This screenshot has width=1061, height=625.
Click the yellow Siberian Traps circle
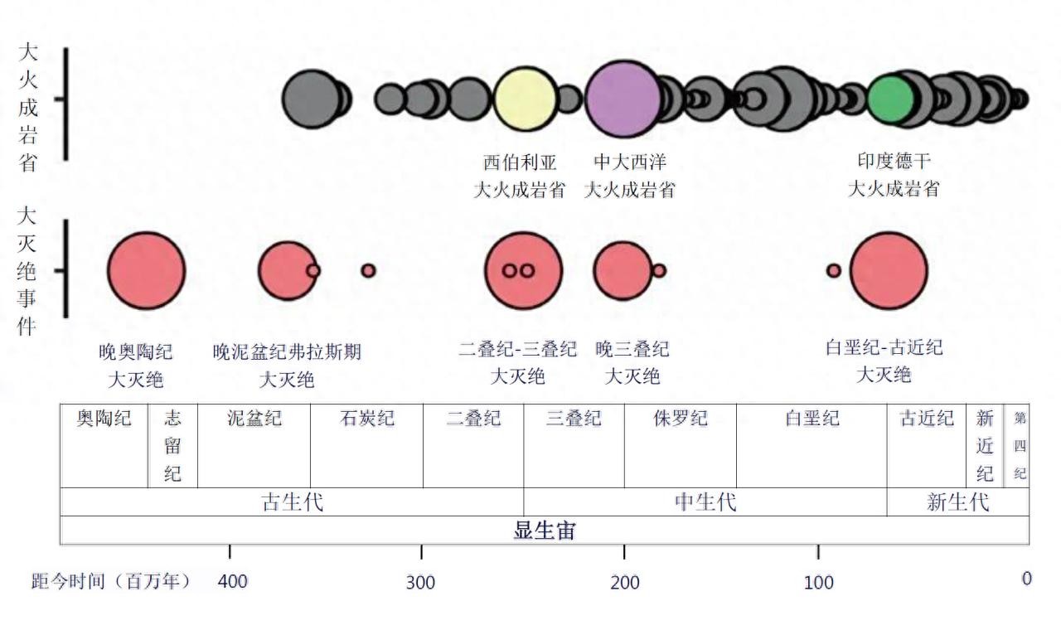click(525, 99)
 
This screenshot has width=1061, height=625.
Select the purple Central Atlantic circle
click(622, 99)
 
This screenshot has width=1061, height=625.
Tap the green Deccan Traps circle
click(891, 99)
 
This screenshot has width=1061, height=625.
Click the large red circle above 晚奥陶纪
click(146, 270)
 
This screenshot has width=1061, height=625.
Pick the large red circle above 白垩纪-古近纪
click(889, 270)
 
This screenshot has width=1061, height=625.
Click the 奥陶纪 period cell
click(104, 445)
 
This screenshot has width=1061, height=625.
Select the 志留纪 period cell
click(172, 445)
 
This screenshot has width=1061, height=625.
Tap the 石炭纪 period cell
click(366, 445)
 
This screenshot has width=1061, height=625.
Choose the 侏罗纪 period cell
click(680, 445)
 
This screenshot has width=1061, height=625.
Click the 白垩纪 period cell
click(811, 445)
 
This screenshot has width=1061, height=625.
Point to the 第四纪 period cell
click(1020, 445)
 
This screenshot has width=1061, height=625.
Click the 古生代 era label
click(292, 502)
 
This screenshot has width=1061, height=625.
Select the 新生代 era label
click(957, 502)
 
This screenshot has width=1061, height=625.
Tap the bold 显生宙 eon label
click(544, 531)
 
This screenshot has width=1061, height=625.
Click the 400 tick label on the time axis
click(232, 582)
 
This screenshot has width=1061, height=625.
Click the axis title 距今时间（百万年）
click(111, 581)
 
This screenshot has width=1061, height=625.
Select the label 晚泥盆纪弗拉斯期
click(287, 352)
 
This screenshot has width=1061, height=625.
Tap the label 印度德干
click(894, 161)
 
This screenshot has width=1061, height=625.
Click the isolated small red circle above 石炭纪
click(368, 270)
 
